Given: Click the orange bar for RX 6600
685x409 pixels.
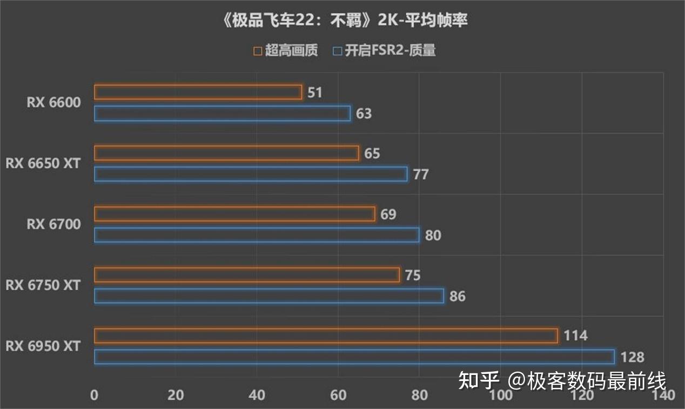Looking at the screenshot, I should point(198,92).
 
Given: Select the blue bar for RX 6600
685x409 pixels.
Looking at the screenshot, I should point(222,113).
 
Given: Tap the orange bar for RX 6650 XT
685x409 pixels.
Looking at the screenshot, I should point(226,153).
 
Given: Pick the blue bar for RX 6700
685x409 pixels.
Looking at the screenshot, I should point(257,235).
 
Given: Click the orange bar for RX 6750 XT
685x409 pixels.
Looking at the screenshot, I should point(247,275).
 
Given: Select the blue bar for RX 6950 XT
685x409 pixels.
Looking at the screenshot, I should point(354,357).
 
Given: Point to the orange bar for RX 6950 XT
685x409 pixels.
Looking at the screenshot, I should point(326,336).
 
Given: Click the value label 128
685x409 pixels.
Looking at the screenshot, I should point(632,357).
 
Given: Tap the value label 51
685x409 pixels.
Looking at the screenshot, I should point(315,93).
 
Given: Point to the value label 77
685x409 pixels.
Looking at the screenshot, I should point(421,175).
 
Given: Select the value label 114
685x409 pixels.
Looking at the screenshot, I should point(575,336).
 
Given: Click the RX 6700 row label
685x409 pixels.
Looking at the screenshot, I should point(53,224).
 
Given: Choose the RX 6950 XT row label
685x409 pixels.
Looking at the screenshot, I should point(43,346).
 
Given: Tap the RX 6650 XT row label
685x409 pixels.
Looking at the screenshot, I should point(43,163).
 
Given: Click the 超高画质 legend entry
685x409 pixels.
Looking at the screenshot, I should point(286,51).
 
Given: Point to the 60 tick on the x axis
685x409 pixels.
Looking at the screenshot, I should point(338,395).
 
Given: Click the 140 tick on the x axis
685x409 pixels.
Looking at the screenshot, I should point(663,395).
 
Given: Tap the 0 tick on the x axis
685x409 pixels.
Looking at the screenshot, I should point(95,395).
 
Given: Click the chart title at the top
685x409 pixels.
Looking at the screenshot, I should point(342,21).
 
